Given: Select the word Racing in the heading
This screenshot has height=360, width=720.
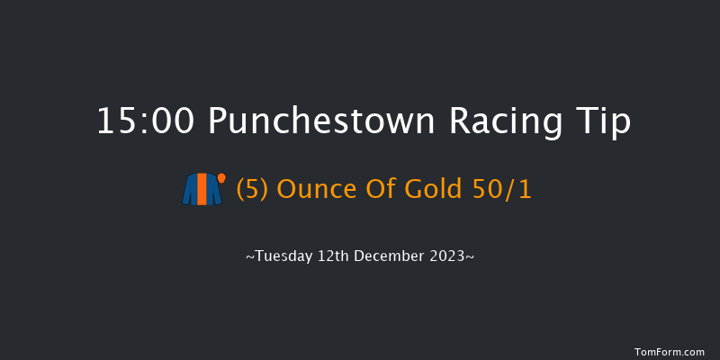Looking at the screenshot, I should coord(504,122).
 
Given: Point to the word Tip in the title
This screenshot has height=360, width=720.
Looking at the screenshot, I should coord(604,122).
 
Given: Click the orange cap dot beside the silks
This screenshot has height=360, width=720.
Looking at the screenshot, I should coord(220,177).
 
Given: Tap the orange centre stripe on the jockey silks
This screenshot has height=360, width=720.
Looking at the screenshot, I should coord(202,190).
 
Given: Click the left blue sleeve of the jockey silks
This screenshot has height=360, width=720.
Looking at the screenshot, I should coord(189,192).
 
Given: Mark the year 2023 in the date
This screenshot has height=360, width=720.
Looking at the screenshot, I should coord(449,256).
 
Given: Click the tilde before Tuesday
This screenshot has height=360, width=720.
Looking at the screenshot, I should coord(249,257).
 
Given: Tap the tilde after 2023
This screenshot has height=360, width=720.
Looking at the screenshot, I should coord(471,257).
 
